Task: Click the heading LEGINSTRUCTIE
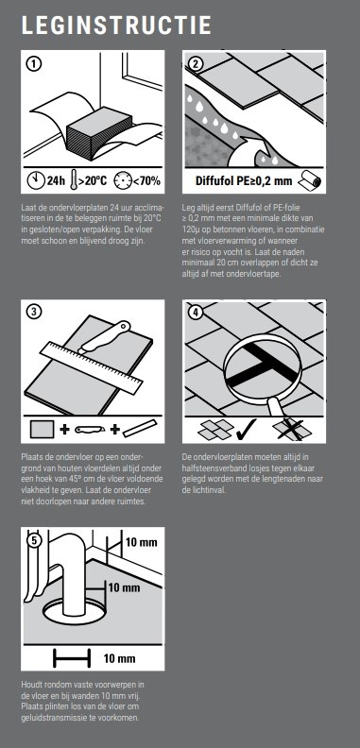[x=116, y=25]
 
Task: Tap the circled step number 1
[x=34, y=63]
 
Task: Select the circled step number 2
[x=196, y=63]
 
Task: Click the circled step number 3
[x=34, y=313]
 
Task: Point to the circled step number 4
[x=196, y=313]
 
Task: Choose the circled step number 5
[x=34, y=540]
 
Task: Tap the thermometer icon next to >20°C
[x=73, y=181]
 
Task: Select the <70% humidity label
[x=146, y=181]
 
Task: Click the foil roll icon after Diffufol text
[x=309, y=181]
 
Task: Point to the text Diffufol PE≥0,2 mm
[x=244, y=181]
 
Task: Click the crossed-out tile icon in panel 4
[x=292, y=429]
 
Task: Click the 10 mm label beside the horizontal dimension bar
[x=119, y=659]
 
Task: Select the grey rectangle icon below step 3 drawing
[x=42, y=429]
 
